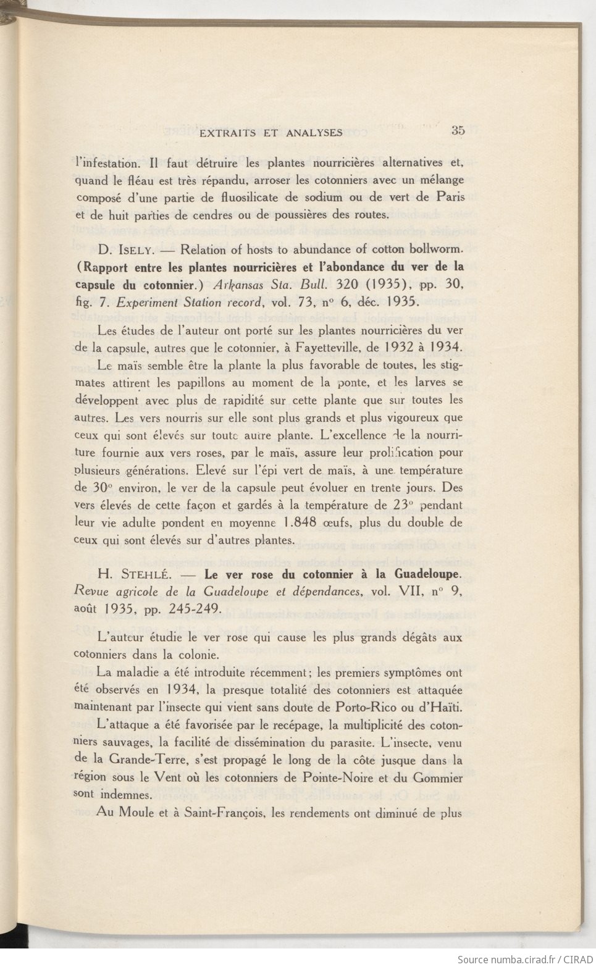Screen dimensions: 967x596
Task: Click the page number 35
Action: (x=458, y=130)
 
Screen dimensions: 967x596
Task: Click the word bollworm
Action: (x=435, y=250)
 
